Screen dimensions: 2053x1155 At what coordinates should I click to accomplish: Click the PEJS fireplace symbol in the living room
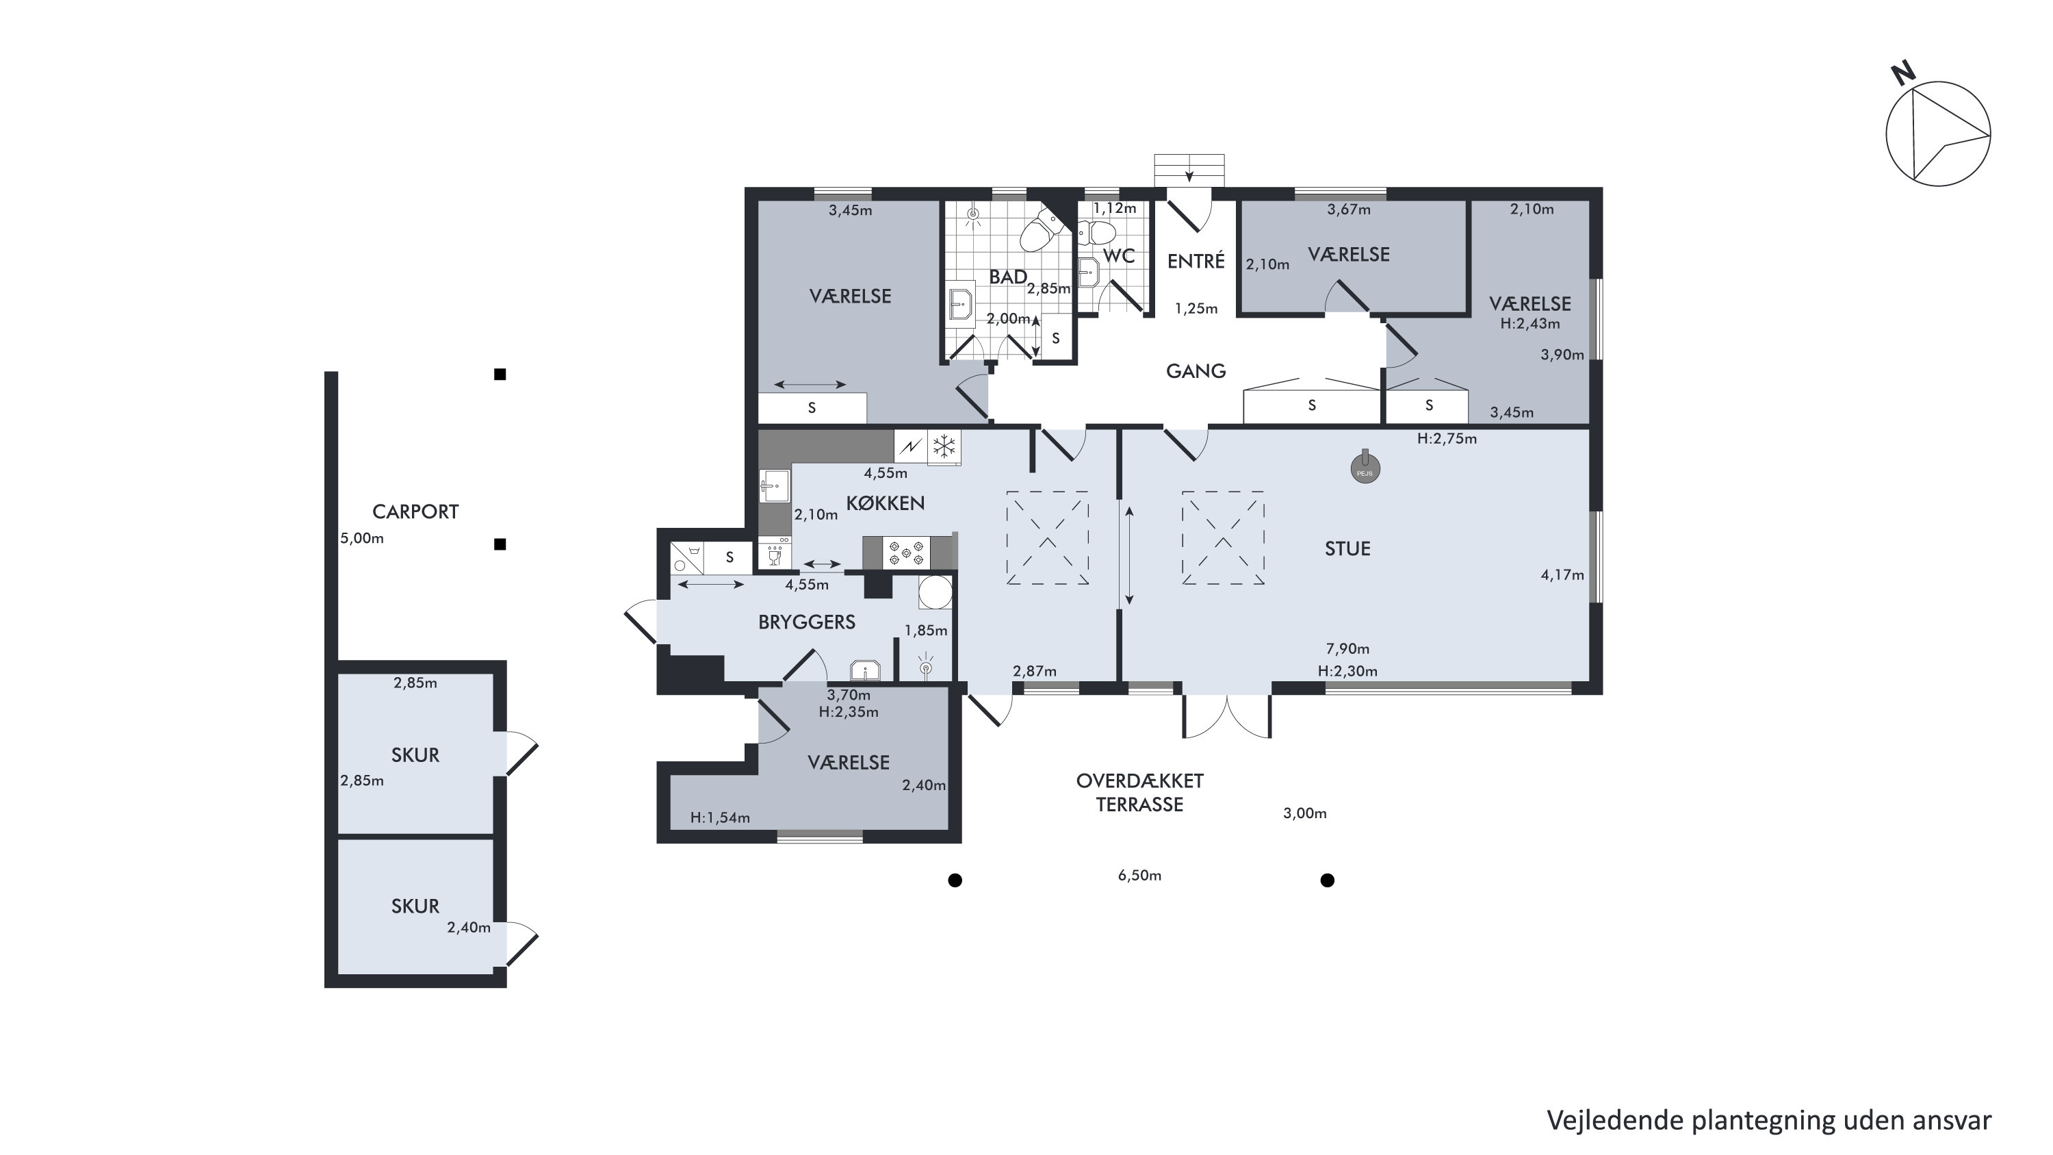(1365, 469)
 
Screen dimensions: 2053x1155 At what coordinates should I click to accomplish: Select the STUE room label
(1347, 548)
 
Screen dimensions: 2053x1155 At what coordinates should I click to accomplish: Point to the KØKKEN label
(885, 503)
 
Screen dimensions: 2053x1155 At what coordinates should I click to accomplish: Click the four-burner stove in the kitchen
(906, 553)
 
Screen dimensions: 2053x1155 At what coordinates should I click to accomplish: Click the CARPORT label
(415, 511)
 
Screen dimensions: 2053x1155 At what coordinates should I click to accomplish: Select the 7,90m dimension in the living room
(1347, 649)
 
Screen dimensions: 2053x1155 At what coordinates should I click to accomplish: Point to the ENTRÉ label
(1196, 261)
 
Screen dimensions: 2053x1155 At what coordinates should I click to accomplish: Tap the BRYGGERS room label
(807, 622)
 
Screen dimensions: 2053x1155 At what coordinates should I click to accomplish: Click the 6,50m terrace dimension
(1139, 875)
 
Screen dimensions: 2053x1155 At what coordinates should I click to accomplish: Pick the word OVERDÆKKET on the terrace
(1139, 780)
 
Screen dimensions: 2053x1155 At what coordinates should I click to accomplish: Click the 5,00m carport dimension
(362, 538)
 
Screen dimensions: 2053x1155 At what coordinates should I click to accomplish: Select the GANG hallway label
(1196, 370)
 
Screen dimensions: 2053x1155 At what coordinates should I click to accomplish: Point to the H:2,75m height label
(1447, 438)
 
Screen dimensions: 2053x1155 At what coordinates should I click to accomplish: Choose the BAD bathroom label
(1007, 277)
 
